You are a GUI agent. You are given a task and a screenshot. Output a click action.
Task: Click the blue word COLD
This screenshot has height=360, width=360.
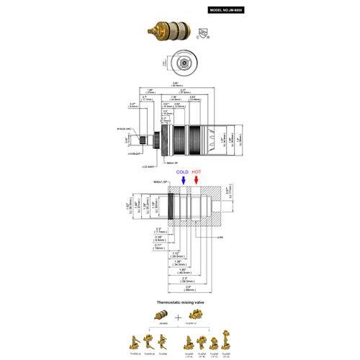coord(182,173)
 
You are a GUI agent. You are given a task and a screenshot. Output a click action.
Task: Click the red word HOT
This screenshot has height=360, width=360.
coord(196,173)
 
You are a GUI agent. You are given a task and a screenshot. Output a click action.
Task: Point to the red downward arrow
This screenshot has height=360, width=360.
coord(196,182)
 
